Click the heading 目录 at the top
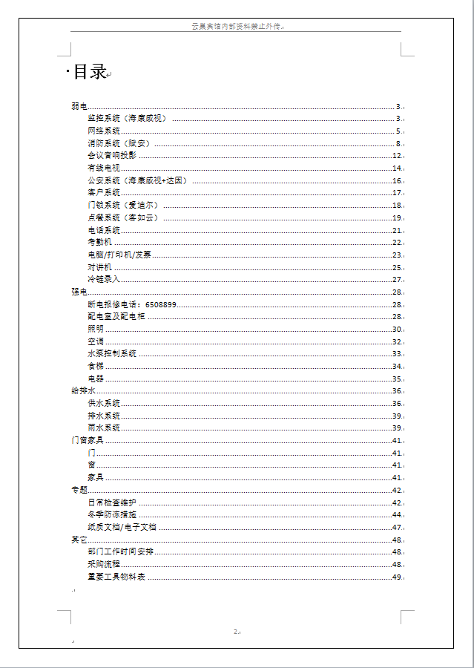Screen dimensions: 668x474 pos(89,72)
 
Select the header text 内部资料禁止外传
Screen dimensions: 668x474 pos(237,27)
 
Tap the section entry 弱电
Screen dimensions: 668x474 pos(79,106)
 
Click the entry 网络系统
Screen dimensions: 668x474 pos(103,131)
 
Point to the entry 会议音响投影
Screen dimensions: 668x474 pos(111,156)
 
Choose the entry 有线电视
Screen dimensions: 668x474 pos(103,168)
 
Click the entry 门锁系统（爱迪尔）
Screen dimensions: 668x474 pos(122,206)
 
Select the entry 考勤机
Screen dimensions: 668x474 pos(99,243)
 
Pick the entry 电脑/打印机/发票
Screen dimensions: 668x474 pos(119,255)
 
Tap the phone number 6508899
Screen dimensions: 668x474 pos(161,304)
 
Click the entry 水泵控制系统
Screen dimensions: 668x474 pos(111,354)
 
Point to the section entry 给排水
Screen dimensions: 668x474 pos(83,391)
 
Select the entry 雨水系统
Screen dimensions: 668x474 pos(103,428)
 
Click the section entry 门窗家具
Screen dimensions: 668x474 pos(87,441)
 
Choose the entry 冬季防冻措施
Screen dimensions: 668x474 pos(111,515)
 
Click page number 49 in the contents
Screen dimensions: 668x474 pos(397,577)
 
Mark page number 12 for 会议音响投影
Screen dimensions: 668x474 pos(397,156)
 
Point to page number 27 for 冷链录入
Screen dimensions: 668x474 pos(397,280)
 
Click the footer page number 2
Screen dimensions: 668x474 pos(236,632)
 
